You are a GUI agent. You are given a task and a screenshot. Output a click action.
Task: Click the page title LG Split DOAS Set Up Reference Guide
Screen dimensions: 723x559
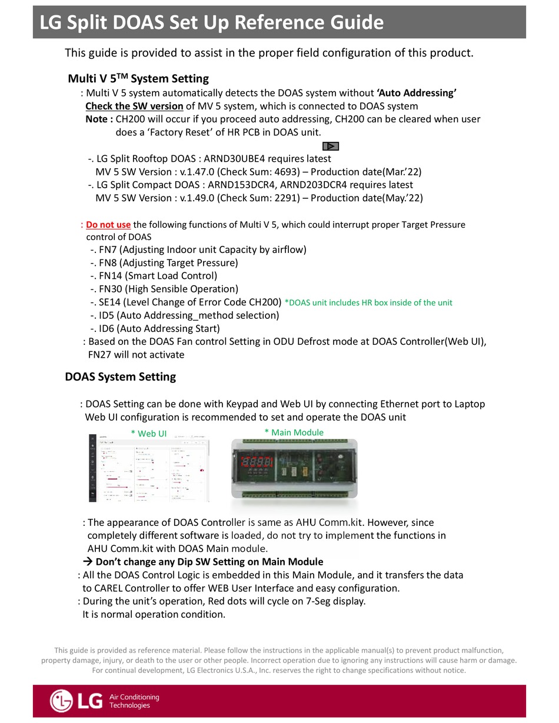(211, 22)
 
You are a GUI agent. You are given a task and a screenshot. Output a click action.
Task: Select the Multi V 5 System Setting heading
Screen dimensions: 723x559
(138, 78)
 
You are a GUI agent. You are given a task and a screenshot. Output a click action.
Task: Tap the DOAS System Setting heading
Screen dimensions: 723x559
(120, 377)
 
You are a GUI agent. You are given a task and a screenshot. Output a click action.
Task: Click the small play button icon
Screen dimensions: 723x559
(331, 146)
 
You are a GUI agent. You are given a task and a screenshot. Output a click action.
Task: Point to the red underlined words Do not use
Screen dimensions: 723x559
(108, 225)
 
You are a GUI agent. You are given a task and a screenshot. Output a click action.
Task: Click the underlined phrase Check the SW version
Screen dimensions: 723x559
(134, 106)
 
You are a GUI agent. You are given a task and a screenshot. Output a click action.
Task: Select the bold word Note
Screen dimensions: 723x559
(98, 119)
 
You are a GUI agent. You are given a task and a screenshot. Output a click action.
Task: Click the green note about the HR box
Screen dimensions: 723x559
(368, 302)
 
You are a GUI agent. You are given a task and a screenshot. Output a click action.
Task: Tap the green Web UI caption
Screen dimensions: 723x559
(148, 433)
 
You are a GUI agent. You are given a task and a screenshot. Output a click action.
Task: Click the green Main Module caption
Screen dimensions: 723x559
(294, 432)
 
